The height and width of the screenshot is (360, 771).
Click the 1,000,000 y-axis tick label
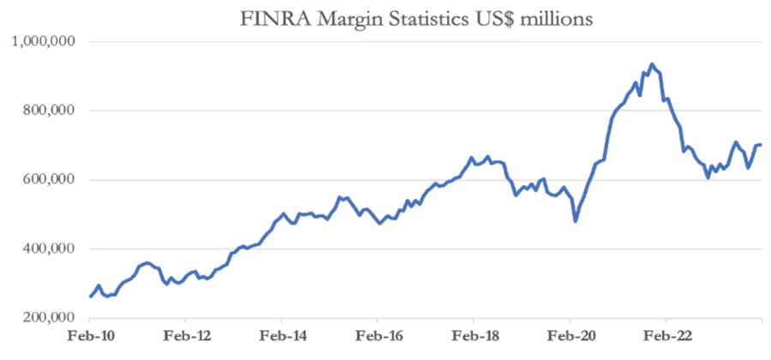pos(45,41)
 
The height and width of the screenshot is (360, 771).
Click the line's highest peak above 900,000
pos(652,63)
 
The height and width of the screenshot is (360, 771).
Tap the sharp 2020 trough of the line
pos(576,221)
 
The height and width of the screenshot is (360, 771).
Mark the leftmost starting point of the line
pos(90,297)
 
